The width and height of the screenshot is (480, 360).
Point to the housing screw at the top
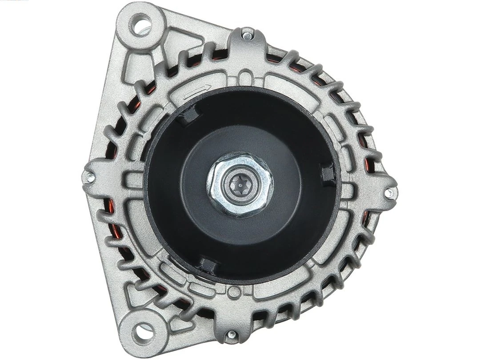(x=247, y=32)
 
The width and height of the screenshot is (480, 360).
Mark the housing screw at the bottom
(x=231, y=335)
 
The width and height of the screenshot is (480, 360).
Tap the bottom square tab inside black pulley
(x=208, y=266)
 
